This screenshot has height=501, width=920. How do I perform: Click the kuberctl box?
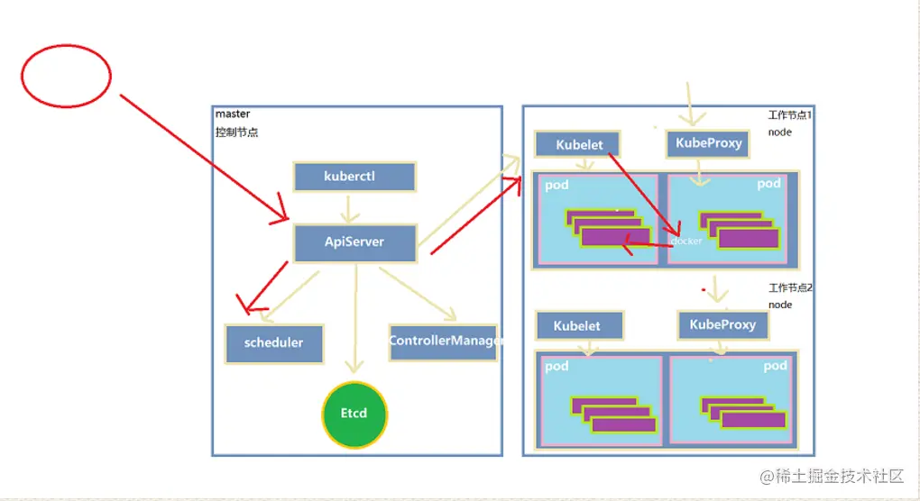tap(354, 177)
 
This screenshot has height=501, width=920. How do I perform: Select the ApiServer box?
tap(354, 242)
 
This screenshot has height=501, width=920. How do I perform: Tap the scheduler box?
tap(273, 342)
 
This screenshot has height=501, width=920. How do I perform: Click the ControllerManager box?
tap(443, 342)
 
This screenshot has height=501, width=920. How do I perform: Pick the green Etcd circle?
tap(354, 414)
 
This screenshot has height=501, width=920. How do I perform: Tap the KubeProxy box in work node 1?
tap(708, 143)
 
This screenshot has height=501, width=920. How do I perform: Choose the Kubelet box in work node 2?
tap(576, 325)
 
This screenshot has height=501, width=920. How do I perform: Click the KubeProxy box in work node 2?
tap(722, 324)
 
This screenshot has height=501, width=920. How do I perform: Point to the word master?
tap(233, 114)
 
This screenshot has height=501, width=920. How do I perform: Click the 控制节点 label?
tap(236, 132)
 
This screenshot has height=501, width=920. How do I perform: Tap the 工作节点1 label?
tap(790, 115)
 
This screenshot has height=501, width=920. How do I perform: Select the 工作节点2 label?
tap(790, 288)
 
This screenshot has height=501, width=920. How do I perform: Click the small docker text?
tap(686, 241)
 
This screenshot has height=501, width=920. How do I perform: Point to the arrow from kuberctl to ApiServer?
tap(349, 209)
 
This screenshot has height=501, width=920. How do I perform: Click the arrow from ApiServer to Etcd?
tap(355, 315)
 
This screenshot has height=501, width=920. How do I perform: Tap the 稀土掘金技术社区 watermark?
tap(831, 475)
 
